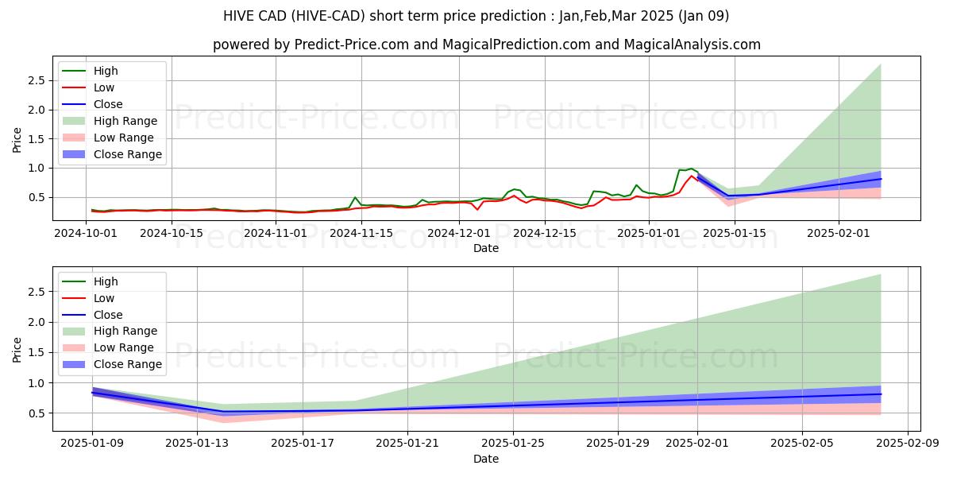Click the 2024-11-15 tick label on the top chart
click(361, 233)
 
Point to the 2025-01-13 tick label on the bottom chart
click(198, 444)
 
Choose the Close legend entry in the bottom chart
click(108, 315)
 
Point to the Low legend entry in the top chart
click(104, 87)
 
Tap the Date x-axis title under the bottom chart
click(486, 459)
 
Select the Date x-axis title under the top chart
click(486, 248)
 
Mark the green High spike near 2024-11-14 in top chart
click(355, 197)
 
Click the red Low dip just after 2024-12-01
click(477, 209)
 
